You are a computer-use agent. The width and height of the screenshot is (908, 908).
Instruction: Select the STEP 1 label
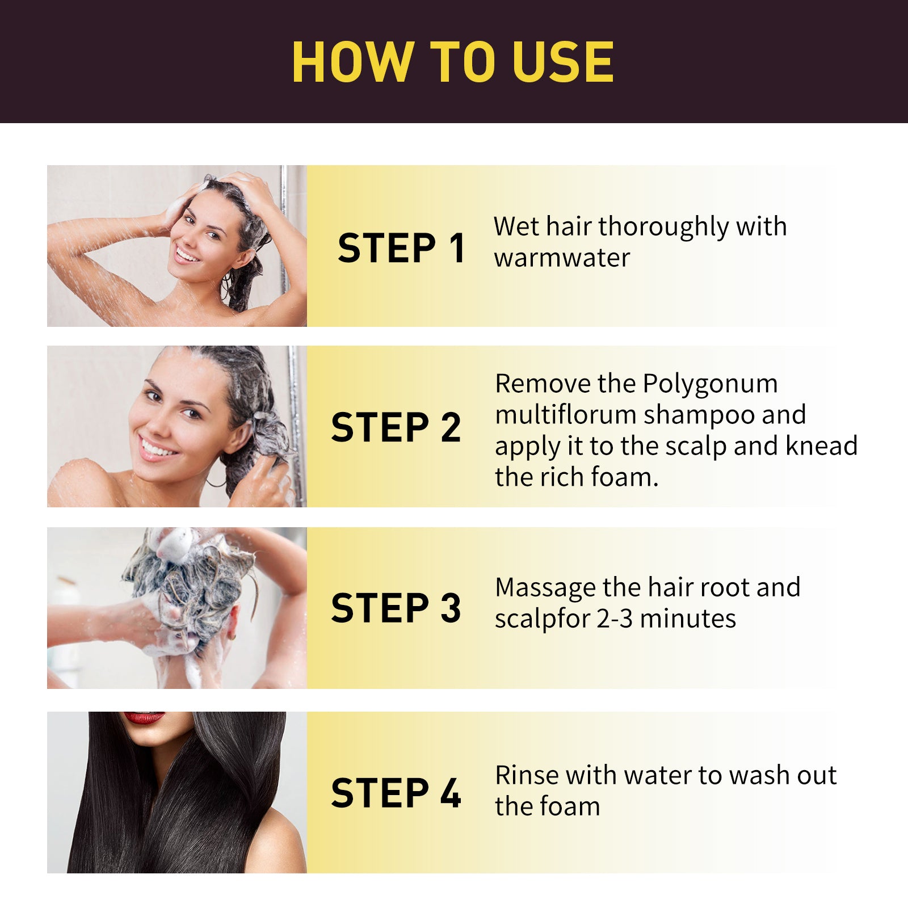tap(401, 249)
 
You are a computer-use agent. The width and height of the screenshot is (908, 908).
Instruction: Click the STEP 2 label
tap(396, 427)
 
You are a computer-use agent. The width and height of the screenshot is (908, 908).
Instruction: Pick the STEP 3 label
tap(396, 608)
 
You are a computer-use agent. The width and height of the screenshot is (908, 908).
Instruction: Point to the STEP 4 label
tap(396, 793)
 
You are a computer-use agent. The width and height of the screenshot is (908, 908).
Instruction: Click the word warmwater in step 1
tap(562, 258)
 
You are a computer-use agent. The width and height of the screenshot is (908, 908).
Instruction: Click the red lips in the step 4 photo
tap(144, 718)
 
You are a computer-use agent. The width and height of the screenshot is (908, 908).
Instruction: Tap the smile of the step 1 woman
tap(187, 254)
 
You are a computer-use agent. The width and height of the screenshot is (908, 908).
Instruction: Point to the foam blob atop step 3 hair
tap(176, 542)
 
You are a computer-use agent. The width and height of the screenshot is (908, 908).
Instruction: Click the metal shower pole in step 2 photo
tap(296, 426)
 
